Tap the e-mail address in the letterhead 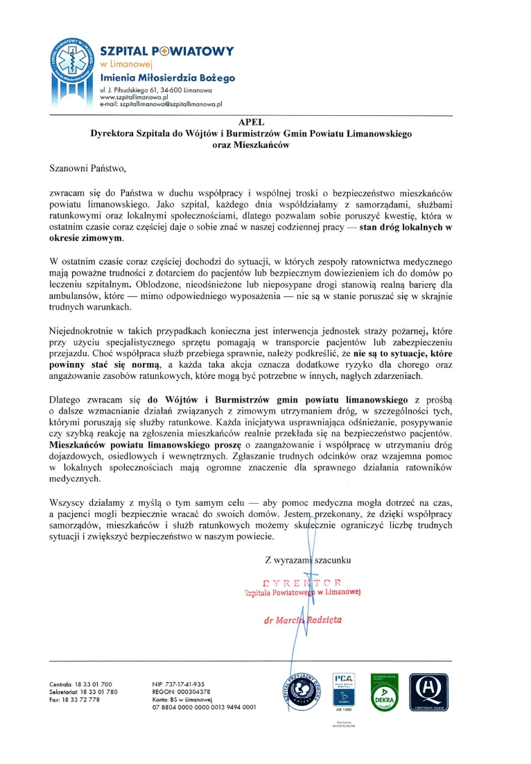click(161, 104)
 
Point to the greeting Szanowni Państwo click(89, 167)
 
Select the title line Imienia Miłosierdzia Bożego click(168, 78)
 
